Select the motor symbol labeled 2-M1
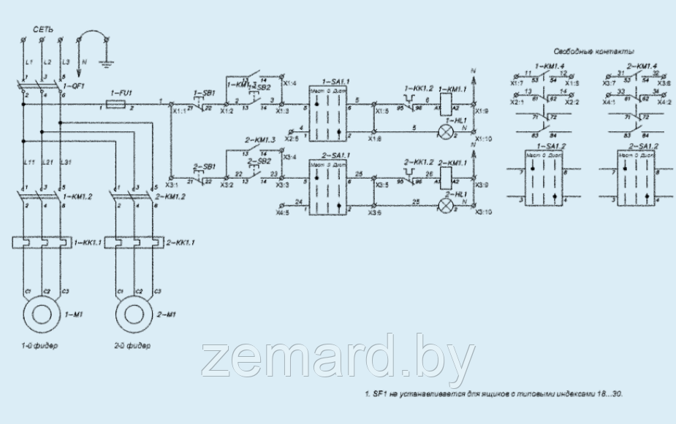point(134,315)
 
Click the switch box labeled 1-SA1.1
point(327,113)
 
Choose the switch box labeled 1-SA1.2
point(542,179)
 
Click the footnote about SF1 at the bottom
point(494,394)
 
